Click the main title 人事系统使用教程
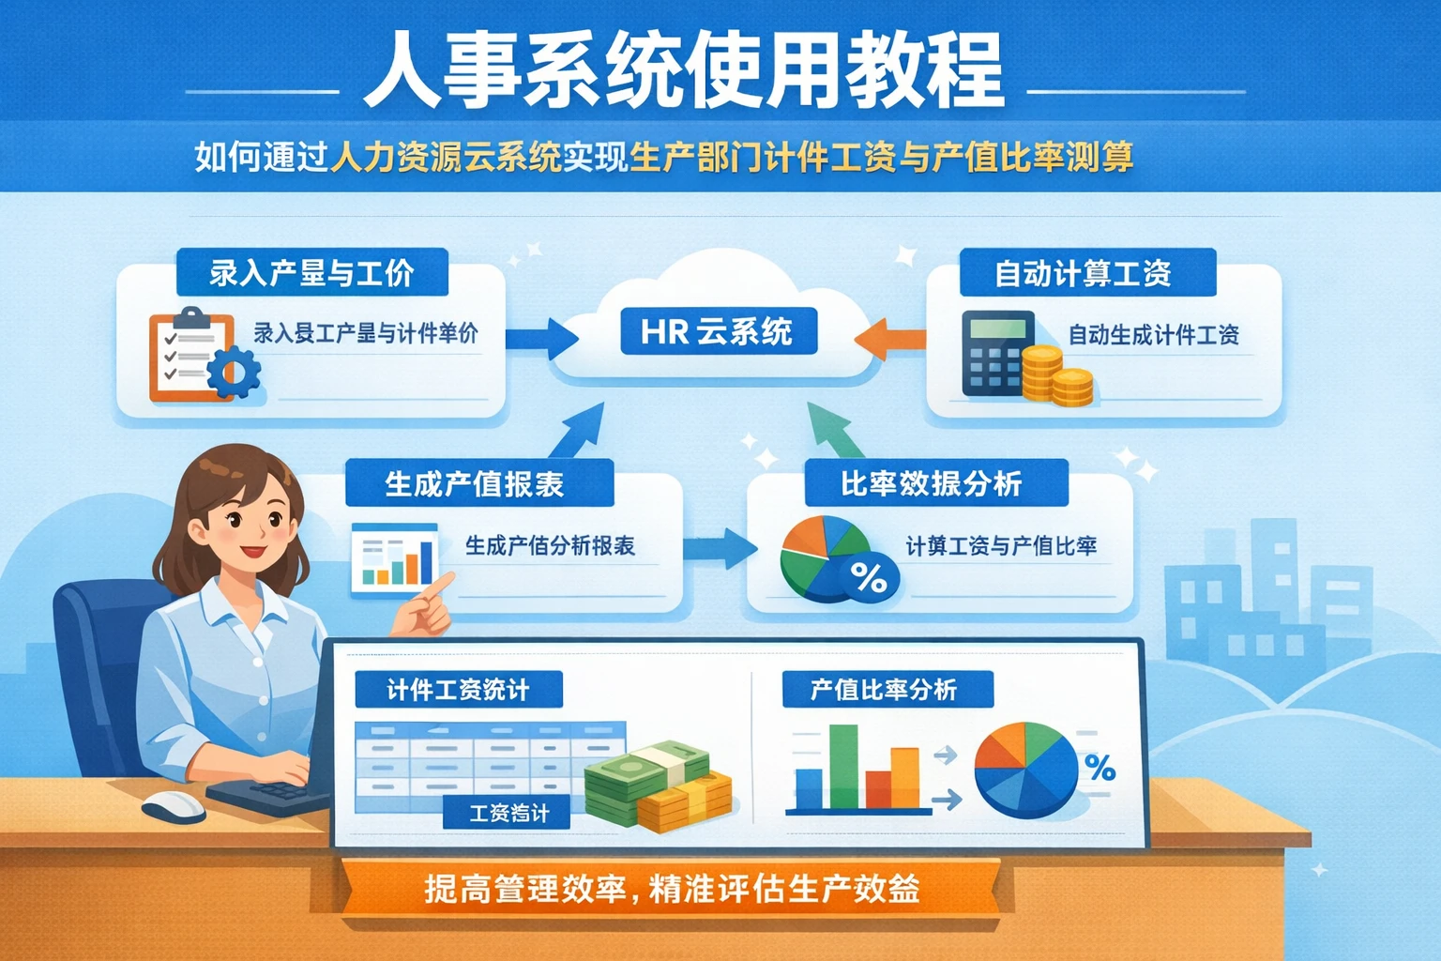683,71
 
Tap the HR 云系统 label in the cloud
718,331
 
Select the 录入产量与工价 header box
311,273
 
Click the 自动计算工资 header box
1086,273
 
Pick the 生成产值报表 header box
478,484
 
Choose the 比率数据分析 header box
935,484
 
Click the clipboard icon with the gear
199,358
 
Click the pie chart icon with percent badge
835,559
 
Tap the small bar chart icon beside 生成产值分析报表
394,559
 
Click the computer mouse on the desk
174,805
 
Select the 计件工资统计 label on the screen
458,690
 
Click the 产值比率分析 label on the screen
886,690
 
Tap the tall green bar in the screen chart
843,766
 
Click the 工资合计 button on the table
508,813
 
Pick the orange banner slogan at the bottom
671,888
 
